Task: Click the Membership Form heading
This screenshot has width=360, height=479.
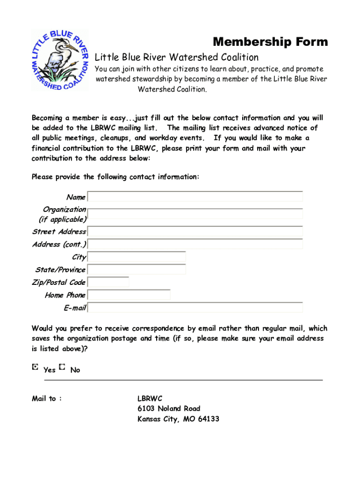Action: tap(270, 42)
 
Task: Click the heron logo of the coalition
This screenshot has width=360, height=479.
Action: tap(59, 60)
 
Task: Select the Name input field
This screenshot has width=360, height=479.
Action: tap(195, 196)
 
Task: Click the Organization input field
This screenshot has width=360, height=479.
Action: tap(195, 214)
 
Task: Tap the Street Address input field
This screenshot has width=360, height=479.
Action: tap(195, 231)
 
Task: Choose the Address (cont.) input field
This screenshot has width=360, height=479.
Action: tap(195, 244)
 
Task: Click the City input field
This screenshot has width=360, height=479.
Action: tap(137, 256)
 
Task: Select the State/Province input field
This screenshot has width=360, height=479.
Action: tap(137, 269)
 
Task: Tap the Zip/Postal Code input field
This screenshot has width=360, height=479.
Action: tap(108, 282)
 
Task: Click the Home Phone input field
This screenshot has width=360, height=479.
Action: tap(129, 295)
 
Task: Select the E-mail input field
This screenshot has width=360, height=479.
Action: tap(195, 307)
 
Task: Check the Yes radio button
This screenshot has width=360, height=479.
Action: tap(35, 368)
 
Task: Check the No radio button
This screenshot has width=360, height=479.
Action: tap(63, 368)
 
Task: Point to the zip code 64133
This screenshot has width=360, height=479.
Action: tap(208, 419)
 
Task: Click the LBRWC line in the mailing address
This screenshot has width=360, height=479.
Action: tap(150, 399)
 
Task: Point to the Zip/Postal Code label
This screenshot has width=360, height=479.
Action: tap(58, 282)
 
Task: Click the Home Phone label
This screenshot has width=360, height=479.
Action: tap(65, 295)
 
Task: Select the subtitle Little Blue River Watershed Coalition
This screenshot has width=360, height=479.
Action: tap(177, 58)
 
